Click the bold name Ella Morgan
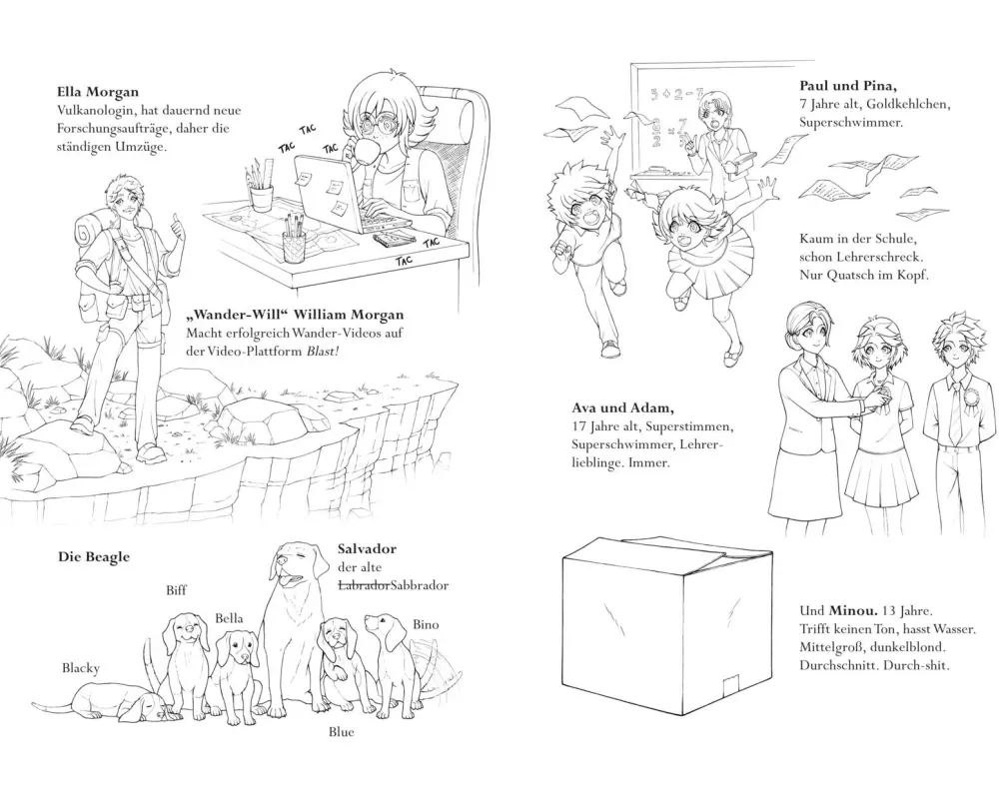click(x=98, y=92)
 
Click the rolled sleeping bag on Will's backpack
click(x=90, y=234)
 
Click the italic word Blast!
click(x=321, y=352)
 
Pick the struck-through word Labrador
click(x=364, y=585)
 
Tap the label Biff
click(x=177, y=590)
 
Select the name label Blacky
click(x=81, y=668)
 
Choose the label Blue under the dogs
click(x=341, y=732)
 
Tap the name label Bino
click(x=426, y=624)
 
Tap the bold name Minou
click(x=849, y=611)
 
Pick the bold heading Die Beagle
click(x=94, y=557)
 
